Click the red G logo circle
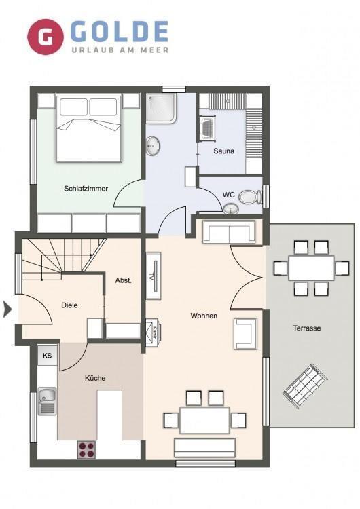tap(45, 37)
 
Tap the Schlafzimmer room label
tap(86, 188)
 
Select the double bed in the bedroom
tap(89, 128)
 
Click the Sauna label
tap(224, 151)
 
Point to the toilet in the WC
tap(250, 197)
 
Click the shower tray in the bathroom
tap(161, 109)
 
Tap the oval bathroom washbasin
tap(152, 146)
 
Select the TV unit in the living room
tap(154, 276)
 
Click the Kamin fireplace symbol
tap(153, 333)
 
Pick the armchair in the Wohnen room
tap(245, 334)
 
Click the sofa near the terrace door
tap(229, 232)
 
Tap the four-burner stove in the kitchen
tap(87, 450)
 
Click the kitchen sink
tap(47, 401)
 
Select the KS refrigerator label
tap(47, 356)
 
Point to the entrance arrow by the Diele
tap(7, 309)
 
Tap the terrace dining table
tap(311, 268)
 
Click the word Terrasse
tap(307, 328)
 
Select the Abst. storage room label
tap(124, 280)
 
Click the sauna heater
tap(207, 128)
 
